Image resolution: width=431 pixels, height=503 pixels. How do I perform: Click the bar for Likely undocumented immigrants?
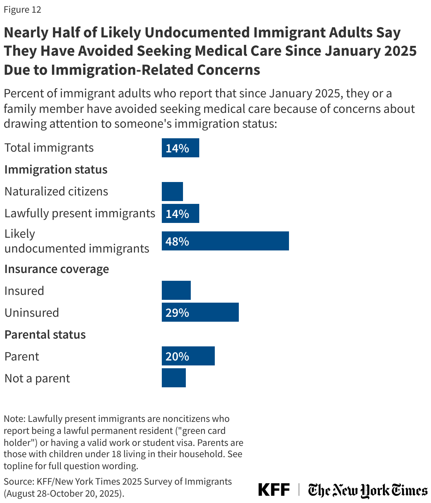coord(225,241)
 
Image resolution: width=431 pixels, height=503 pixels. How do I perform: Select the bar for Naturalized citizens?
coord(172,192)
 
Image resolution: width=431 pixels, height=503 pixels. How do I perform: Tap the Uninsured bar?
coord(200,312)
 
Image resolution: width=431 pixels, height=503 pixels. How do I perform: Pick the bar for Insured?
coord(176,290)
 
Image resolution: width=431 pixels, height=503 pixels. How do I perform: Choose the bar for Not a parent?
coord(173,378)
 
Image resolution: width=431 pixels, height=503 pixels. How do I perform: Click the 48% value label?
coord(177,242)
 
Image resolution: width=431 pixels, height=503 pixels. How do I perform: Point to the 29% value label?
coord(177,313)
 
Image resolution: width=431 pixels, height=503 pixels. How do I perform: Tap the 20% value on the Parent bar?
coord(177,357)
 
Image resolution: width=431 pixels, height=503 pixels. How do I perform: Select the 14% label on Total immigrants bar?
coord(177,148)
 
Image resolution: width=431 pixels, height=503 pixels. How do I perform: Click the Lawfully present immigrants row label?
coord(80,213)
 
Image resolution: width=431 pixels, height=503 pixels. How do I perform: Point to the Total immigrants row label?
coord(49,147)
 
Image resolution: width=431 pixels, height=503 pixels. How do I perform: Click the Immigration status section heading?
coord(56,170)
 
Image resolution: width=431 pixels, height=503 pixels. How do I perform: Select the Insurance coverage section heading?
coord(57,269)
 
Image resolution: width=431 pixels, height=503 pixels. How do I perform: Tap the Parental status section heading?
coord(45,334)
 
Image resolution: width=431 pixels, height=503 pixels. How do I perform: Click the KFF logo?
coord(274,490)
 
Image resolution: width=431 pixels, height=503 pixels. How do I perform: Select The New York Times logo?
coord(367,490)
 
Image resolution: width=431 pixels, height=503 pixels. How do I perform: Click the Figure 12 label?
coord(22,10)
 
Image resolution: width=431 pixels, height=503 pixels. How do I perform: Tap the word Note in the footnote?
coord(14,419)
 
